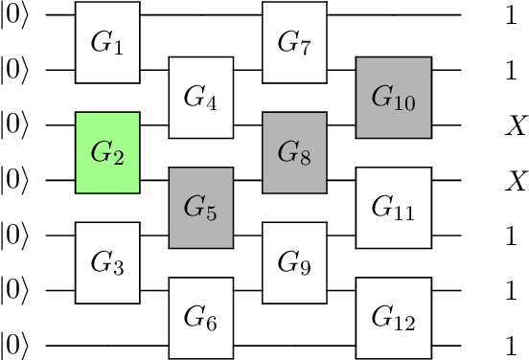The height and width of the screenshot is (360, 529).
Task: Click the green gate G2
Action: (108, 152)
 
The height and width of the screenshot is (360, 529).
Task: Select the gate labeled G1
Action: (108, 43)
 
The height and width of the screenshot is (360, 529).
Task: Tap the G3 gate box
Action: (108, 262)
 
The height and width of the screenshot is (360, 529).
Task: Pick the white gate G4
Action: (201, 98)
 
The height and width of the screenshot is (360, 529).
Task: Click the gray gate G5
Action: (201, 208)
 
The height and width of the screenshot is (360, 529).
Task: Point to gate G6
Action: (201, 317)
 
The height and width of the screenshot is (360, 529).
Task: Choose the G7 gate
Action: (295, 43)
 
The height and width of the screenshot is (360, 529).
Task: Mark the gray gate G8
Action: (295, 152)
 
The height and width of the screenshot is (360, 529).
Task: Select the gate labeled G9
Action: (295, 262)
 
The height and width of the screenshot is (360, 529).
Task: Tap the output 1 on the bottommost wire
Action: (511, 345)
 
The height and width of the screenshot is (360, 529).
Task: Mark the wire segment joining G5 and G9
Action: (248, 235)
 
